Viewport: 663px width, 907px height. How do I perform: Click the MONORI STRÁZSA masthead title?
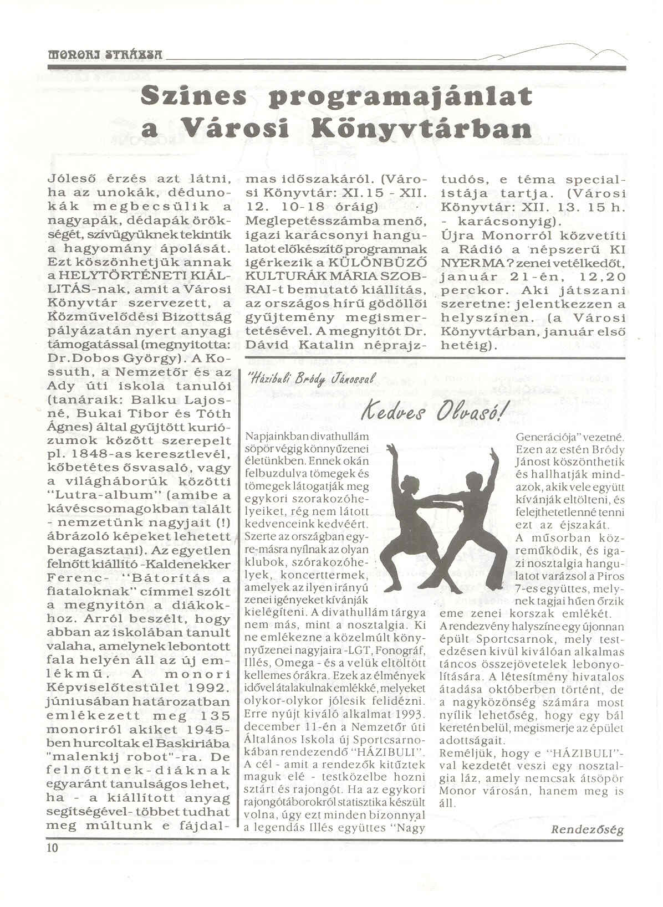click(105, 55)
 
